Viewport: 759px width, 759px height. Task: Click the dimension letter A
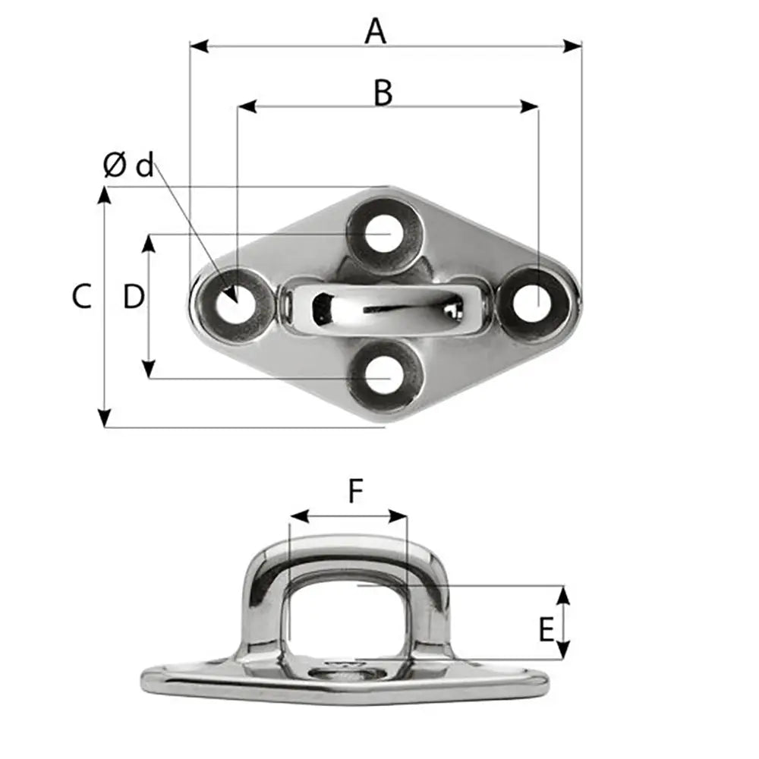click(376, 31)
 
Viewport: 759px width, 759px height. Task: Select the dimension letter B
click(383, 93)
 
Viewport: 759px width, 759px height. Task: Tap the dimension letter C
click(82, 296)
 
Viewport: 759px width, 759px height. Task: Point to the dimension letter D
click(134, 297)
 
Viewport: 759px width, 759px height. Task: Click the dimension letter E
click(545, 630)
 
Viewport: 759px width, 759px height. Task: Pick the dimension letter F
click(355, 493)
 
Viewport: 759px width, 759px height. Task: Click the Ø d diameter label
click(128, 165)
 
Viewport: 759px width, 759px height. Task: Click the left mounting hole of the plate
click(232, 306)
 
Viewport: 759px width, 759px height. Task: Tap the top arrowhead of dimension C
click(105, 194)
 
